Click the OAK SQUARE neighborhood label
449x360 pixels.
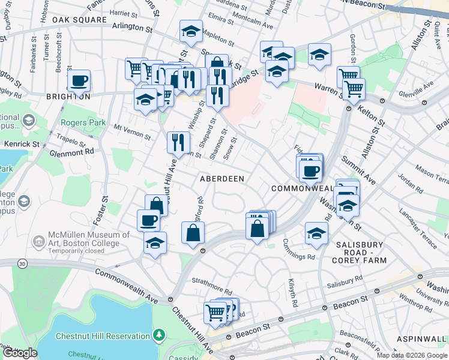74,20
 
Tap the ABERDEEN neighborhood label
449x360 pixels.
222,179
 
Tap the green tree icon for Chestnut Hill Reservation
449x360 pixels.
159,334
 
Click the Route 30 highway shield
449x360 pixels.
22,263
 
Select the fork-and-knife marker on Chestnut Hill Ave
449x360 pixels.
178,142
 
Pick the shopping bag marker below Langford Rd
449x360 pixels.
193,233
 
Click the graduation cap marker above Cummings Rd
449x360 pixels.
316,233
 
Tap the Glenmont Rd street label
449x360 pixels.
73,152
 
